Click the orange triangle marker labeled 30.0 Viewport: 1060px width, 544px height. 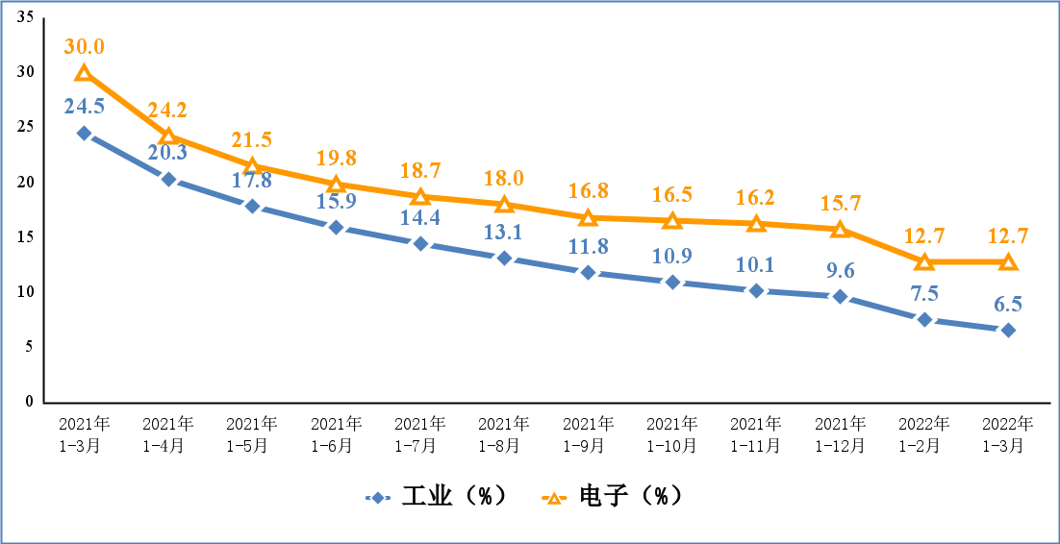[84, 73]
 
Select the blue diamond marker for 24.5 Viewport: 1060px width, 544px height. [84, 133]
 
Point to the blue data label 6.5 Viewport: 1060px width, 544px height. [1008, 304]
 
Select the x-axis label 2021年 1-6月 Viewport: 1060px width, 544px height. [336, 434]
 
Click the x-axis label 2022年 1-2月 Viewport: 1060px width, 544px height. [923, 434]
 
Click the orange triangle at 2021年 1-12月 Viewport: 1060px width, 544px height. [840, 230]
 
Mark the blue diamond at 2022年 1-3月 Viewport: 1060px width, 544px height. [1008, 330]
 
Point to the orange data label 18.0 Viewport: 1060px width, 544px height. [504, 179]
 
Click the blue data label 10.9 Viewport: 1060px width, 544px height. [672, 257]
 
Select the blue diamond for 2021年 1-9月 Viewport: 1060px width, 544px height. [588, 272]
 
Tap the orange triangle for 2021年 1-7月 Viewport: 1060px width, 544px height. [419, 197]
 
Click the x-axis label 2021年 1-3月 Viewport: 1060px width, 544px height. [84, 434]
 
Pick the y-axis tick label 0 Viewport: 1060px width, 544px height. [29, 401]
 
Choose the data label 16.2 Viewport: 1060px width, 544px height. [756, 198]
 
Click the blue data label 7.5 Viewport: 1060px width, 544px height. [923, 293]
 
